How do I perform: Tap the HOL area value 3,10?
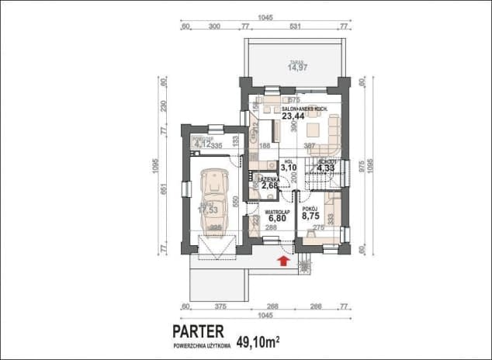pyautogui.click(x=289, y=167)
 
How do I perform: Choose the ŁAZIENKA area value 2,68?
pyautogui.click(x=270, y=185)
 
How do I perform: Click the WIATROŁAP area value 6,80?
pyautogui.click(x=278, y=218)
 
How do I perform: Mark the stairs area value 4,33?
pyautogui.click(x=324, y=167)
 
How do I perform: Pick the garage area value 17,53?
pyautogui.click(x=206, y=209)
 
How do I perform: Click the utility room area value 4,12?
pyautogui.click(x=202, y=144)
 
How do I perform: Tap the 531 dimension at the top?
pyautogui.click(x=294, y=26)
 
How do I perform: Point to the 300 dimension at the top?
pyautogui.click(x=211, y=26)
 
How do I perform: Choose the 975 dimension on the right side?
pyautogui.click(x=362, y=166)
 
